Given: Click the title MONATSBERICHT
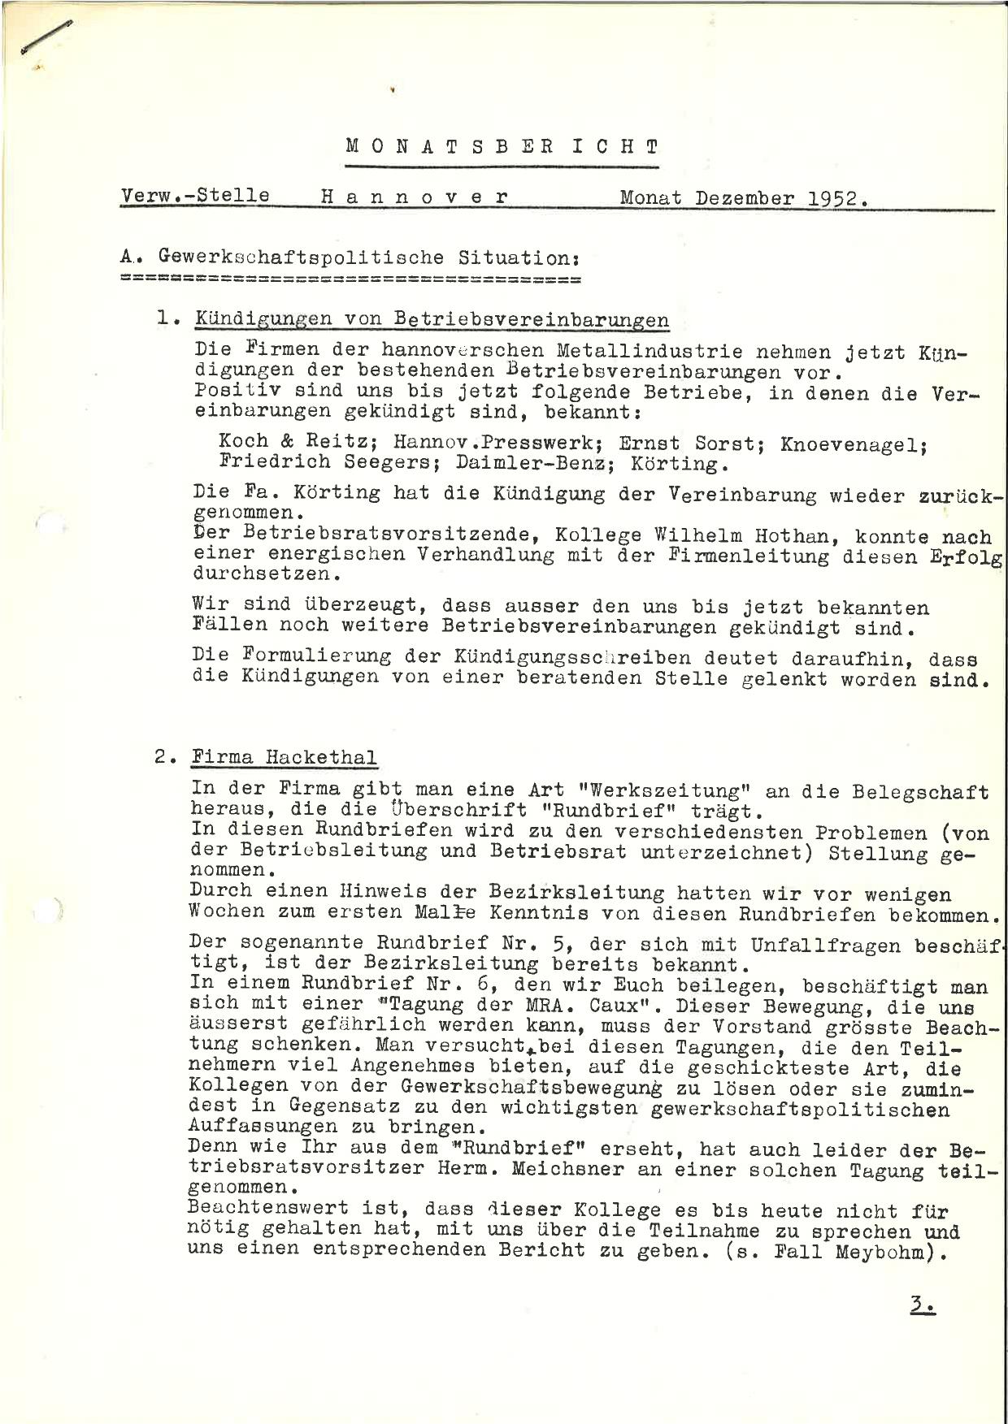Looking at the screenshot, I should (502, 147).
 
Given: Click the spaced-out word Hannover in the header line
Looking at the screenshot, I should (415, 197).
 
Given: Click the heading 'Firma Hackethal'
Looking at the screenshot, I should (285, 757).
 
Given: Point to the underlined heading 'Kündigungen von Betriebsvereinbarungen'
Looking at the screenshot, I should (432, 319).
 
